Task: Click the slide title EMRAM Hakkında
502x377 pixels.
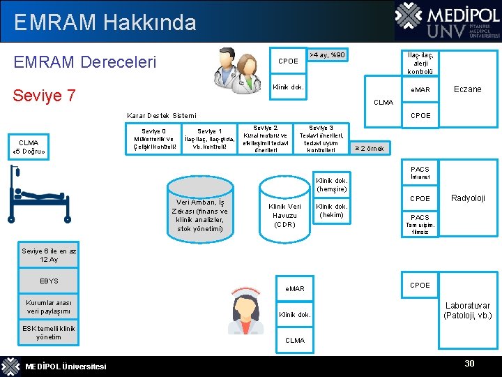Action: coord(105,22)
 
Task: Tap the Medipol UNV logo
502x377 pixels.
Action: coord(446,21)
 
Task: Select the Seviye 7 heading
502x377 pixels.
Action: coord(45,95)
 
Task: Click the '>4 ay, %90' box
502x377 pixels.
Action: coord(326,55)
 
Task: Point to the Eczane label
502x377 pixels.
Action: coord(467,89)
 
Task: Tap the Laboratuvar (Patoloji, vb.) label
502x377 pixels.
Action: coord(467,311)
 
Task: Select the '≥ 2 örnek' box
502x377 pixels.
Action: coord(370,148)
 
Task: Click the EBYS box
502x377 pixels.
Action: coord(48,281)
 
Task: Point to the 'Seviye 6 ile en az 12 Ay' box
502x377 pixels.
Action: coord(48,256)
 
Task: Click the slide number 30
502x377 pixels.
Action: coord(469,364)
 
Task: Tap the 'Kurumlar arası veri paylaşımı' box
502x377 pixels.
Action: coord(48,307)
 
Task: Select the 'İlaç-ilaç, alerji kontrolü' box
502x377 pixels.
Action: coord(420,63)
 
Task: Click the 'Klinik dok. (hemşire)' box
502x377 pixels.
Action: coord(332,184)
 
